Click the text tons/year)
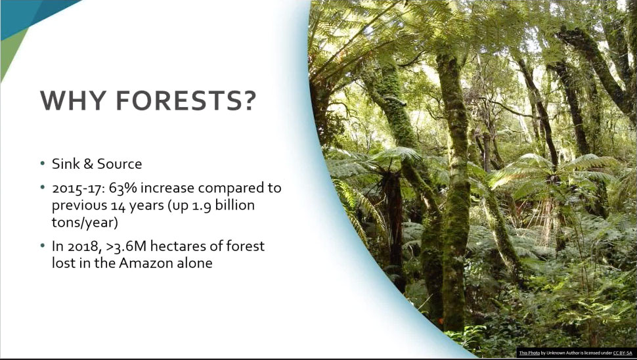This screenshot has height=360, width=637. pos(84,223)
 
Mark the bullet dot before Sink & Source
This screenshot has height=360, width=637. pos(42,164)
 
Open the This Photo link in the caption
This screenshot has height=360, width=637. pos(529,353)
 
